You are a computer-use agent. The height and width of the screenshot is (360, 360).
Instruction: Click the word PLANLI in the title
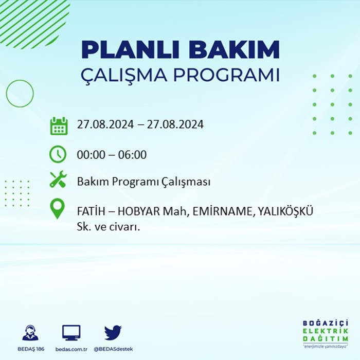pyautogui.click(x=131, y=50)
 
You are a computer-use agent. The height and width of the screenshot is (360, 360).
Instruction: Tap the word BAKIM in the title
pyautogui.click(x=234, y=50)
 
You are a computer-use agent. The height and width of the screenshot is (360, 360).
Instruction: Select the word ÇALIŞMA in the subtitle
pyautogui.click(x=124, y=75)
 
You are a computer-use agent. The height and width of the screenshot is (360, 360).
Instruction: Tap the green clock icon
pyautogui.click(x=58, y=154)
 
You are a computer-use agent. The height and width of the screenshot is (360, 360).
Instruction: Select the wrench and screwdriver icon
pyautogui.click(x=58, y=179)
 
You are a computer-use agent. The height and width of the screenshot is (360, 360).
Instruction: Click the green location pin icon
pyautogui.click(x=58, y=208)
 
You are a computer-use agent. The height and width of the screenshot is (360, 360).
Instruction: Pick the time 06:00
pyautogui.click(x=132, y=155)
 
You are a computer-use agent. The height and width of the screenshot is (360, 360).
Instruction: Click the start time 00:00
pyautogui.click(x=91, y=155)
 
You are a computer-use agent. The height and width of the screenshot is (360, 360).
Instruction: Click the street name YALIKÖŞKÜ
pyautogui.click(x=285, y=211)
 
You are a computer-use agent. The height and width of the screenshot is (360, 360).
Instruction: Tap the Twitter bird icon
pyautogui.click(x=113, y=332)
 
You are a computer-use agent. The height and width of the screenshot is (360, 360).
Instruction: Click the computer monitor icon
pyautogui.click(x=71, y=333)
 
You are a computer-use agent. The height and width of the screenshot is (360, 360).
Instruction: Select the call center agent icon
pyautogui.click(x=30, y=332)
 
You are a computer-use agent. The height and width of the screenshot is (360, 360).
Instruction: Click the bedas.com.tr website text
pyautogui.click(x=71, y=349)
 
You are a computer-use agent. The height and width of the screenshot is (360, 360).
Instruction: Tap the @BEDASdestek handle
pyautogui.click(x=113, y=349)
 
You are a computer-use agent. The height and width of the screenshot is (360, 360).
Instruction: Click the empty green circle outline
pyautogui.click(x=6, y=94)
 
